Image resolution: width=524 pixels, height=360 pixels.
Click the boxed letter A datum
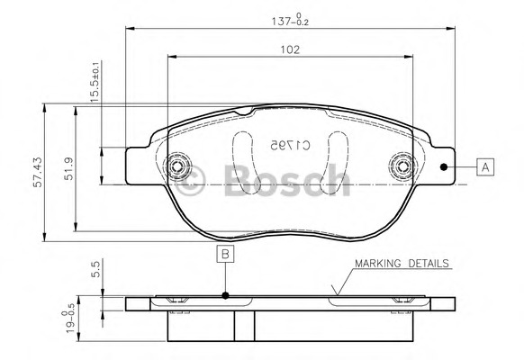(x=484, y=166)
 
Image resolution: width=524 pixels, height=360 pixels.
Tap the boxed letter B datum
(x=225, y=254)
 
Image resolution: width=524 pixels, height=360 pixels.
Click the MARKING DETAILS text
(x=401, y=264)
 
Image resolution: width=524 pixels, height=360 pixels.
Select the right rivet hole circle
(x=401, y=166)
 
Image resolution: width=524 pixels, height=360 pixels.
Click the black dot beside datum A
(x=443, y=166)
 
